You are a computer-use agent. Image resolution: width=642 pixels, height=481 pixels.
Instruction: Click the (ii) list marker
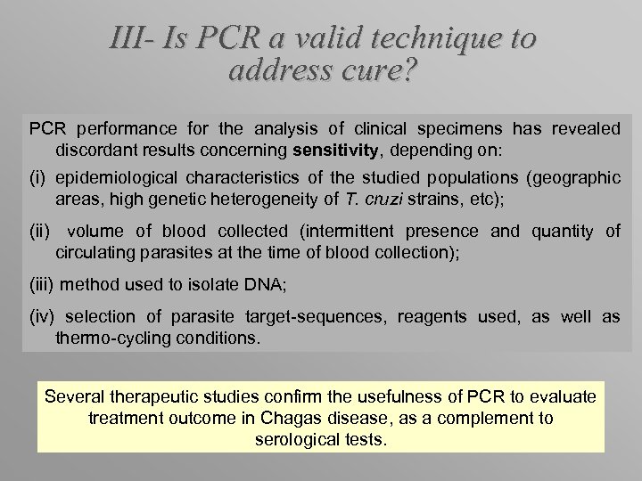click(40, 232)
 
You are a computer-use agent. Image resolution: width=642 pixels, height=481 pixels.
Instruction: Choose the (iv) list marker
click(43, 317)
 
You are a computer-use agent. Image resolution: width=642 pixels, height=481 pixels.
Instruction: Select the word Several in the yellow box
click(76, 396)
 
